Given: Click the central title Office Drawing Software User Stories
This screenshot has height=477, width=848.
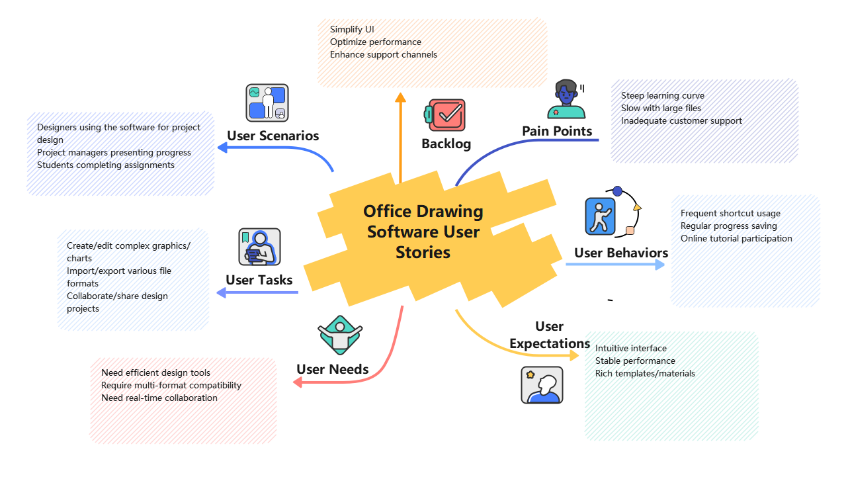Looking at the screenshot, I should (423, 232).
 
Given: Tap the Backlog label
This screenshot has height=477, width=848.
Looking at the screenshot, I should (446, 144).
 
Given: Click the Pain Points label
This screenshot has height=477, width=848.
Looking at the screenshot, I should (557, 131).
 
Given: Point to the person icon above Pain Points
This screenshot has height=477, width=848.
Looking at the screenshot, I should (566, 99).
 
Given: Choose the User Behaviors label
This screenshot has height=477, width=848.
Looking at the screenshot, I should (620, 253).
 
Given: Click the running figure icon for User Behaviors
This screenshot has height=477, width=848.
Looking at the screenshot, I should (600, 216).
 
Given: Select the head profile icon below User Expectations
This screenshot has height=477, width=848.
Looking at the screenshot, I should (542, 385).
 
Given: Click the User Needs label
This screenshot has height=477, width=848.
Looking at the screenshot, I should (332, 369).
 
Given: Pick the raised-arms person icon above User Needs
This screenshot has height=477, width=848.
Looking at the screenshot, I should (340, 335).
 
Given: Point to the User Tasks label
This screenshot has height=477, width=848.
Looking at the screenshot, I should (259, 280).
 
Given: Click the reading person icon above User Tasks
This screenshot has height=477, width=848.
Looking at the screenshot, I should (259, 247).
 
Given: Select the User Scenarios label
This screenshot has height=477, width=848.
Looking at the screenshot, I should (273, 136).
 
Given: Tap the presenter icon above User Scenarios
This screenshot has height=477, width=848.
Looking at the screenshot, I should (267, 103).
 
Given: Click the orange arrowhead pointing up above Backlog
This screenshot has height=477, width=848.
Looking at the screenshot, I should (400, 97).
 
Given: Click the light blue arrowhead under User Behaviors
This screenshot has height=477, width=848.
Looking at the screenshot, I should (659, 265).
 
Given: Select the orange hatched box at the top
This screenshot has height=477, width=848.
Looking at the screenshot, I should (432, 53).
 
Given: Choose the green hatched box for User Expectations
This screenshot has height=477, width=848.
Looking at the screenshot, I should (671, 386).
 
